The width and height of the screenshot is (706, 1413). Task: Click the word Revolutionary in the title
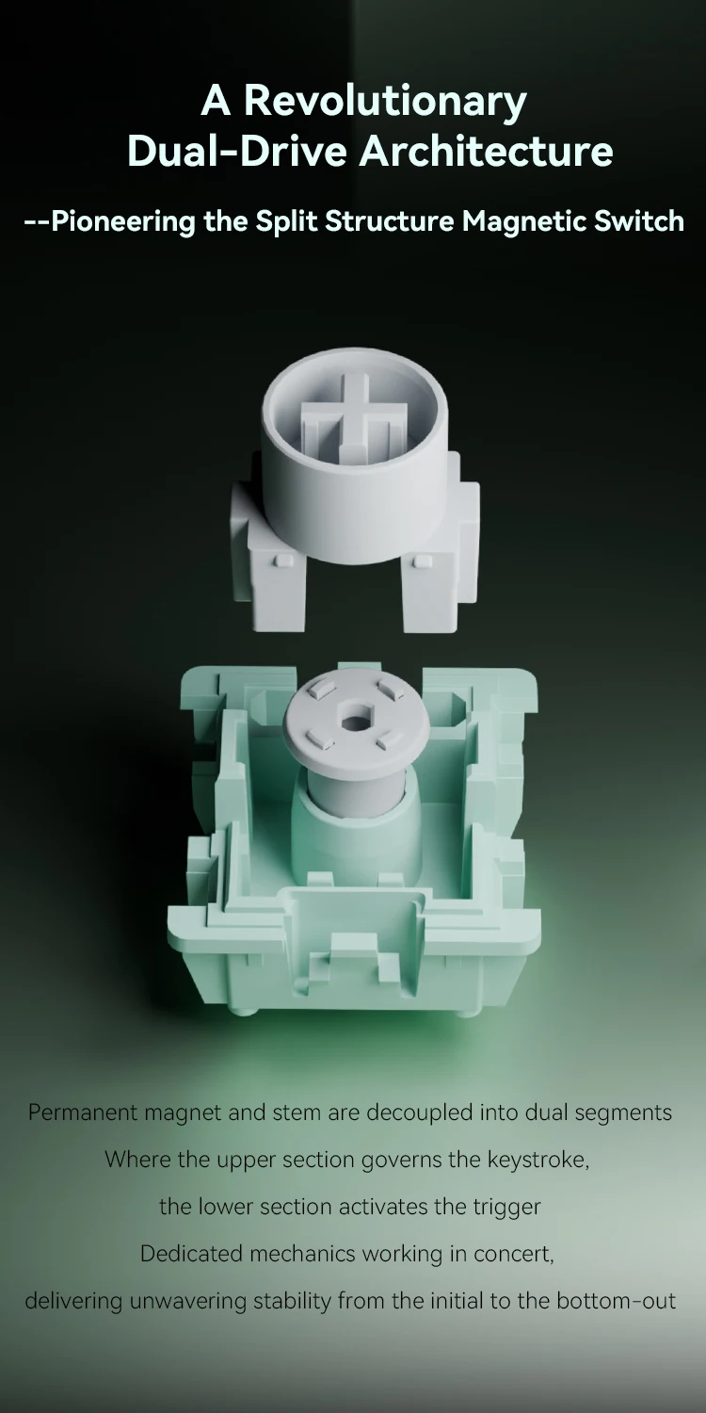tap(384, 102)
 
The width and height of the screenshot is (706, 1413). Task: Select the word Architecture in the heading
tap(486, 152)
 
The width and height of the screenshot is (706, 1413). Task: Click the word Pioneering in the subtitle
tap(123, 222)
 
